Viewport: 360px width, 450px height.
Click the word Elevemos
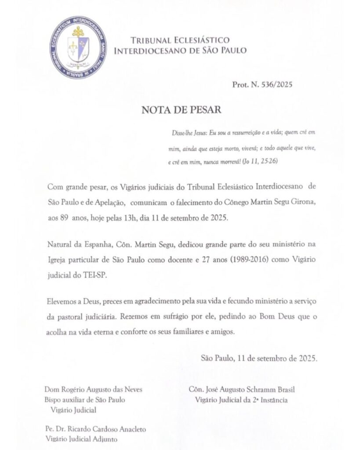(61, 302)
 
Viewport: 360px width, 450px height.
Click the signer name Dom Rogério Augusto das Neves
(94, 390)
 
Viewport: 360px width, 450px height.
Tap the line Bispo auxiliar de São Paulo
(85, 400)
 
